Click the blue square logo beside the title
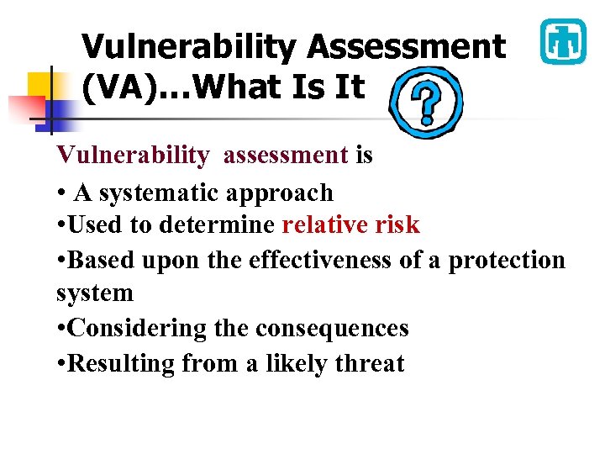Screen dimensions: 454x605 coord(562,41)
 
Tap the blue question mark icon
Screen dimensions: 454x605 coord(426,103)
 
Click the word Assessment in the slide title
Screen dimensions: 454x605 coord(407,47)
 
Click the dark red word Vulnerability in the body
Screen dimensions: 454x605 coord(133,156)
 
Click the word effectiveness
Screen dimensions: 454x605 coord(320,260)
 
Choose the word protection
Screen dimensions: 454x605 coord(507,261)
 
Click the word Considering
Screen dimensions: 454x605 coord(139,329)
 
